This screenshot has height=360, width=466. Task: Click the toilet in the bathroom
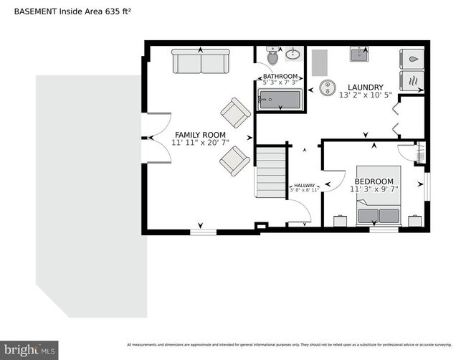point(273,56)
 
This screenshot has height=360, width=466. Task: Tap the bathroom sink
point(293,54)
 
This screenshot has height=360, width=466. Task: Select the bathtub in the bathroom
point(280,100)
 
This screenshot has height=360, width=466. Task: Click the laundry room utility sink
point(360,55)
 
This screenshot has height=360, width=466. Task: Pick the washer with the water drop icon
point(412,58)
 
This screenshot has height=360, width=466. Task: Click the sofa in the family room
point(200,62)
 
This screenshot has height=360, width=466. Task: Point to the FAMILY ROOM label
point(200,135)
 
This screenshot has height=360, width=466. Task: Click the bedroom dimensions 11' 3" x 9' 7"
point(374,189)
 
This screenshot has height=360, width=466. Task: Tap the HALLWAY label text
point(304,186)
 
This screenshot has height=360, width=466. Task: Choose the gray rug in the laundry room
point(318,63)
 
